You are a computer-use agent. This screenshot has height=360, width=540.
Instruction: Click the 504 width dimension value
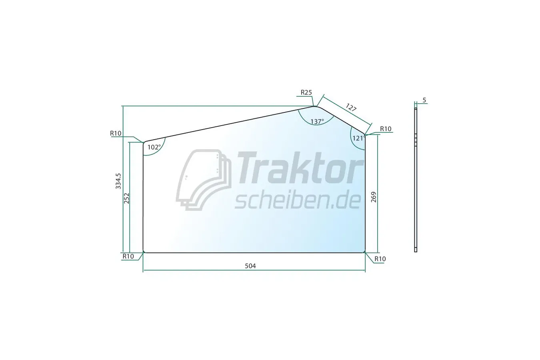click(250, 266)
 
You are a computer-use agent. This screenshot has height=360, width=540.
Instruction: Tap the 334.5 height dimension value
click(118, 181)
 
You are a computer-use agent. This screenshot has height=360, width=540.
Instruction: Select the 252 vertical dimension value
click(126, 198)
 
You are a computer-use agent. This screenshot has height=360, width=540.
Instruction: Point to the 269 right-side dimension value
click(374, 197)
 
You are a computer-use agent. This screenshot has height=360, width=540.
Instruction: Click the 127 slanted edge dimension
click(351, 107)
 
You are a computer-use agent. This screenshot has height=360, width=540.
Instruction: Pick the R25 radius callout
click(306, 92)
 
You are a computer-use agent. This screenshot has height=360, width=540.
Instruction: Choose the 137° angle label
click(317, 122)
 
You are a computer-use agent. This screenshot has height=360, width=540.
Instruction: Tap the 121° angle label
click(359, 138)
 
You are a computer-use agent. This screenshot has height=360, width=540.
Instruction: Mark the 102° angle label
click(154, 147)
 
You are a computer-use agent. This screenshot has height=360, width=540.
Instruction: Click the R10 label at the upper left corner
click(116, 133)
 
